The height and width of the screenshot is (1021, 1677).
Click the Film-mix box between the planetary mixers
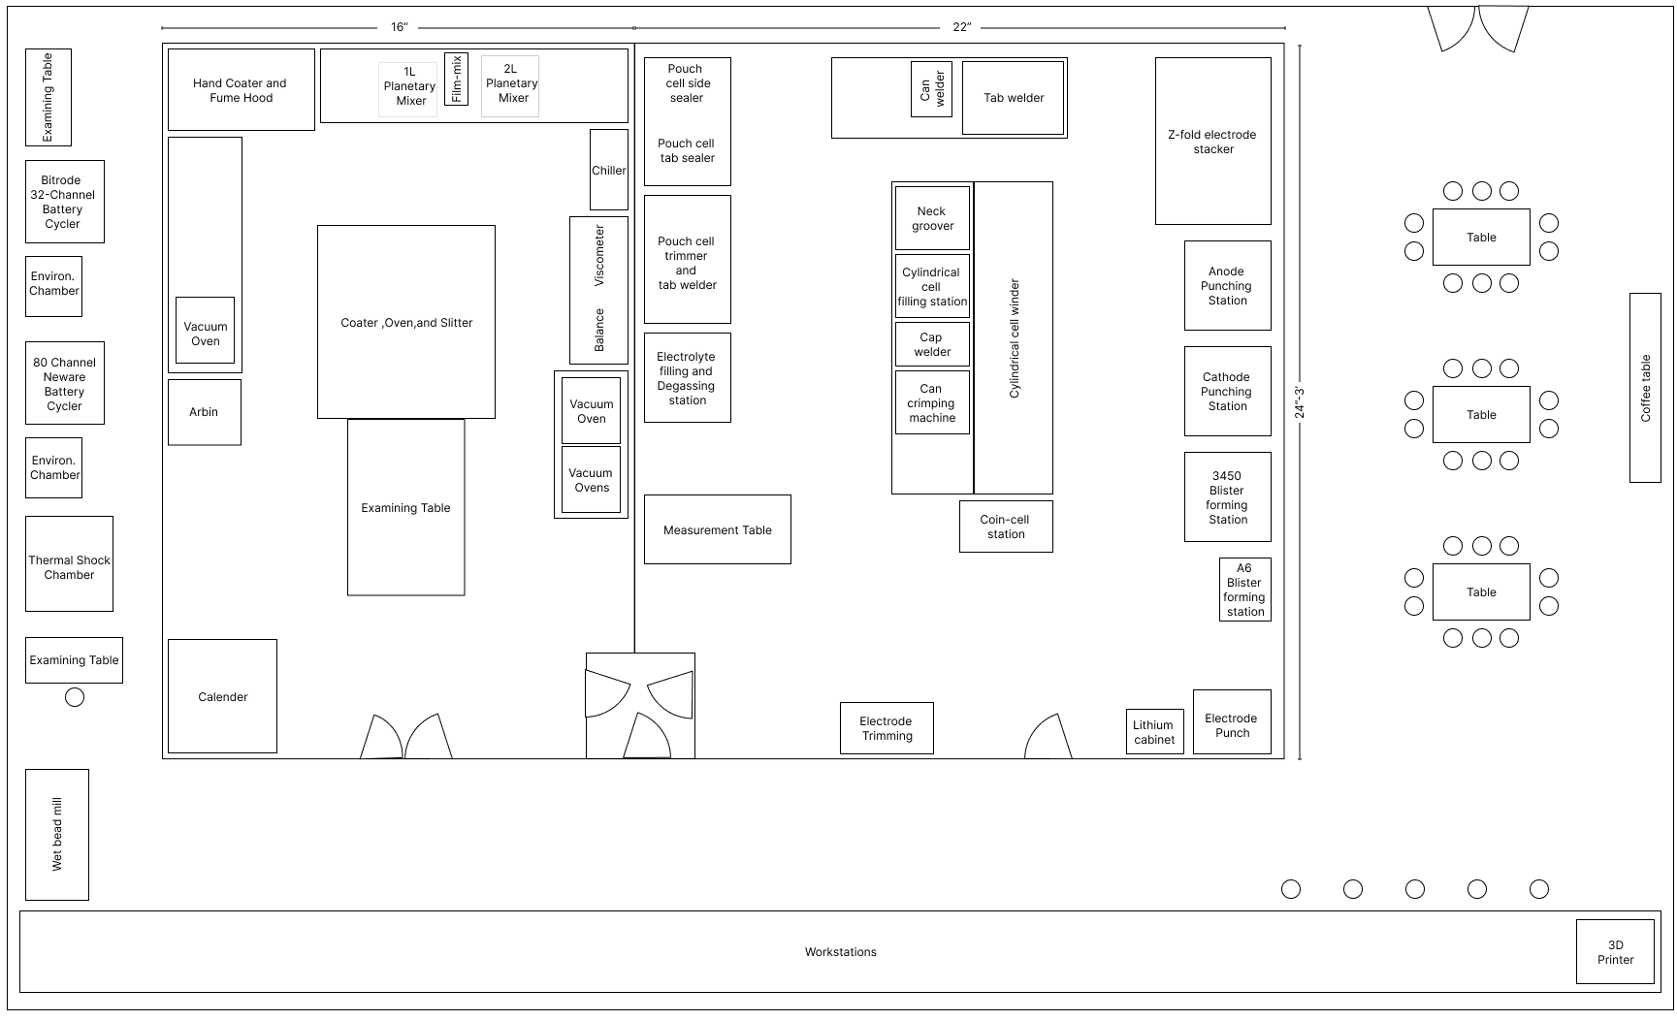pos(456,79)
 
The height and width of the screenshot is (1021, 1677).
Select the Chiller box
pos(609,170)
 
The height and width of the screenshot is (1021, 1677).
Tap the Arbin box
pos(204,412)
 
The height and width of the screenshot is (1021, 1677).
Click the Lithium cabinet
pos(1154,732)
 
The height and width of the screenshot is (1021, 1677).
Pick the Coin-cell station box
pos(1006,526)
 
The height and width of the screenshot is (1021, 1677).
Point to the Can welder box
pos(931,89)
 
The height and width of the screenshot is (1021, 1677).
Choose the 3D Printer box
pos(1615,952)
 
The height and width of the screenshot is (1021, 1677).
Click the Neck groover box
pos(932,218)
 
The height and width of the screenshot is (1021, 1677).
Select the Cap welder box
pos(932,344)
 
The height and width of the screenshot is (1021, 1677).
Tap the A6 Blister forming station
pos(1244,590)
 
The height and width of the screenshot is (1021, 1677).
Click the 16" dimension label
pos(400,27)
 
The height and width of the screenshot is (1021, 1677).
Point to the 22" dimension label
pos(961,27)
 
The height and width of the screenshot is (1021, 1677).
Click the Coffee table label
pos(1645,388)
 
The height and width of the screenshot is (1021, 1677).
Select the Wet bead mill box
pos(57,834)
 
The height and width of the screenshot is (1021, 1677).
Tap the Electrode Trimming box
pos(887,728)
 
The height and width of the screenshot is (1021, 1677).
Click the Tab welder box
pos(1014,98)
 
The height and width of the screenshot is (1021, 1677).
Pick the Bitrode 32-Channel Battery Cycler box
pos(64,202)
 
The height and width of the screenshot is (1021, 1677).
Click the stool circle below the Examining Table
pos(75,697)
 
